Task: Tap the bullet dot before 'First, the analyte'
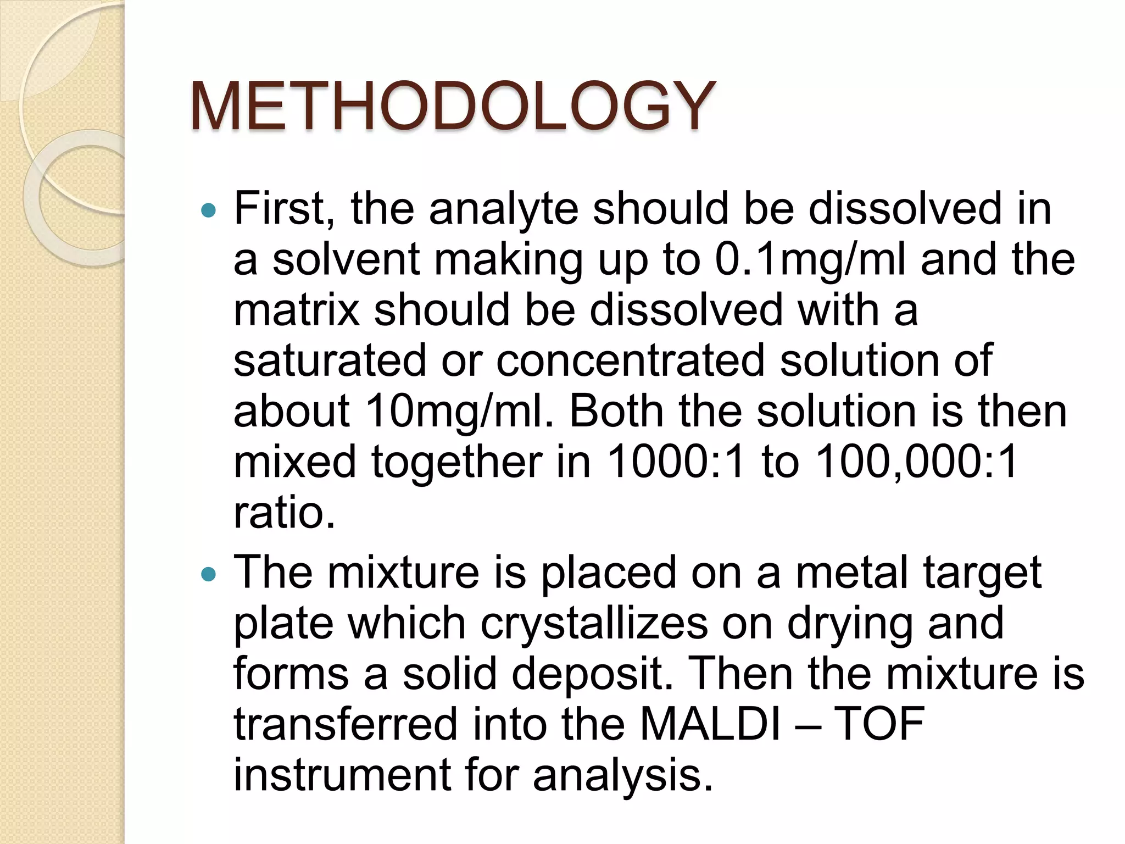(x=209, y=210)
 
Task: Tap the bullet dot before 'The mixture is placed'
(x=209, y=575)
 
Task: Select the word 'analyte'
(x=504, y=210)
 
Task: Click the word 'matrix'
(x=296, y=310)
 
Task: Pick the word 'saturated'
(x=330, y=360)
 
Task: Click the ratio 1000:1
(x=676, y=462)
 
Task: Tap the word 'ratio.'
(x=284, y=512)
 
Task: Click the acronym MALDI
(x=710, y=724)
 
